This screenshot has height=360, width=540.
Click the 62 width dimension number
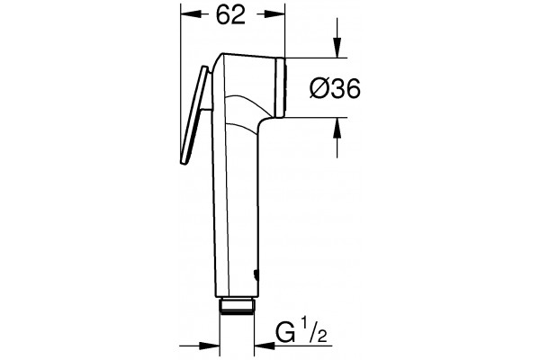coord(230,14)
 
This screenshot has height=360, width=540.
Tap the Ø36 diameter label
coord(335,88)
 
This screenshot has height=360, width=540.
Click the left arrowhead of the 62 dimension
coord(191,13)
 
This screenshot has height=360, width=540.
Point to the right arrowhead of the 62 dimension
coord(274,13)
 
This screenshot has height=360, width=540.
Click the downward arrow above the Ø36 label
coord(337,38)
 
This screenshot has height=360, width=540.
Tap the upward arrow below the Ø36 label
coord(337,138)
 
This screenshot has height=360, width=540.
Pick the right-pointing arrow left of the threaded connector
coord(200,346)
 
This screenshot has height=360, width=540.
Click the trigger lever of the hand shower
coord(193,114)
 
